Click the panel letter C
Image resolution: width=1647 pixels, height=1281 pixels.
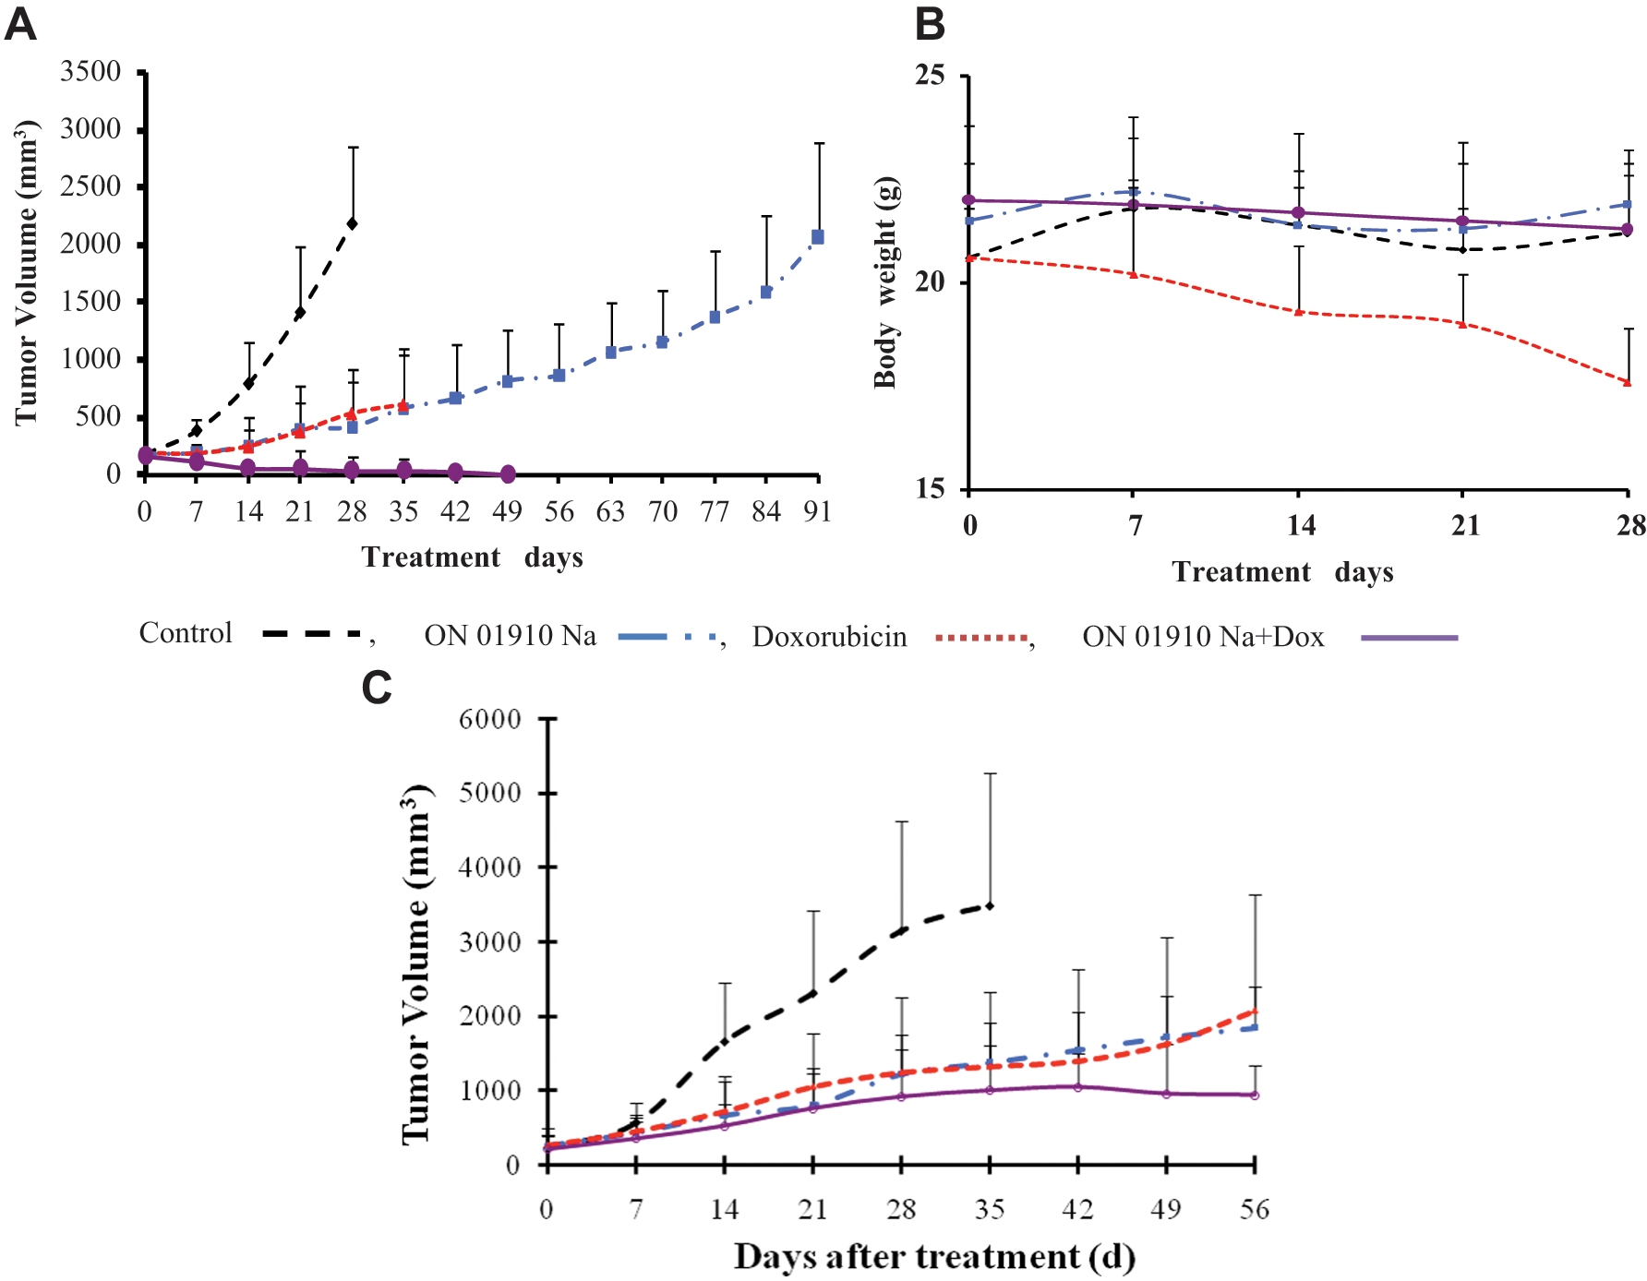coord(377,688)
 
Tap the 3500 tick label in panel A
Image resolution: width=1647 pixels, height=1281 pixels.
coord(90,71)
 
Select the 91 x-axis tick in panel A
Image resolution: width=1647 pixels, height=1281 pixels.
coord(817,511)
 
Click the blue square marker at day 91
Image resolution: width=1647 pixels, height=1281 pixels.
coord(817,237)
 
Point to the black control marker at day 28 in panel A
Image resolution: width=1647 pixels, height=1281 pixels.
coord(353,223)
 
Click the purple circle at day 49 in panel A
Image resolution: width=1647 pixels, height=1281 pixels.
coord(507,474)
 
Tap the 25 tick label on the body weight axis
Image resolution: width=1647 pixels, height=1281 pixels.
coord(931,75)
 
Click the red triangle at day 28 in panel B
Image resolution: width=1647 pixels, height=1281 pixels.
coord(1627,382)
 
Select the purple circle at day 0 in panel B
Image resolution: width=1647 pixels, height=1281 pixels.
coord(968,200)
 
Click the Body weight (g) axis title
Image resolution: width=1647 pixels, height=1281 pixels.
coord(885,281)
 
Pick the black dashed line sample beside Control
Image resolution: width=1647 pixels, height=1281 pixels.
coord(312,633)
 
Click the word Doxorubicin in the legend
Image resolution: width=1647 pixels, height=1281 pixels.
coord(829,637)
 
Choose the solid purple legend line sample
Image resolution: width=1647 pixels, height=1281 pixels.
coord(1410,637)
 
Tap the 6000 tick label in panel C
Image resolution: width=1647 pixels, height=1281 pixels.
coord(489,719)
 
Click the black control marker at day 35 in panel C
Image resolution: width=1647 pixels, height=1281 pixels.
coord(990,906)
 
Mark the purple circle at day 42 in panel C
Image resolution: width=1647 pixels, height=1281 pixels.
coord(1077,1087)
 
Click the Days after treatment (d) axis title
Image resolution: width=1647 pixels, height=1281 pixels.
coord(934,1257)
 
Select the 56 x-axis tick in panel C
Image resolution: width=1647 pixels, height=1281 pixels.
coord(1255,1209)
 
